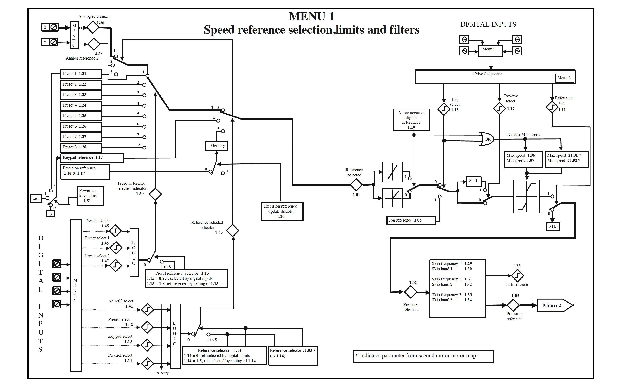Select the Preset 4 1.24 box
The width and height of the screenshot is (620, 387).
click(x=81, y=105)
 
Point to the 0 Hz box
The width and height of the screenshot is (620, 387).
click(x=553, y=226)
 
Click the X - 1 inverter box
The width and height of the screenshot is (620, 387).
click(x=473, y=182)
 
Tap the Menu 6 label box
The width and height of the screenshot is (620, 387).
click(x=564, y=78)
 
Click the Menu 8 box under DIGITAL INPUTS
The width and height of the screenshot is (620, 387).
click(x=490, y=51)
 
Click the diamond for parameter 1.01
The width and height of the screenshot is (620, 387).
click(x=356, y=185)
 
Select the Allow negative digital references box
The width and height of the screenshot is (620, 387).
click(x=411, y=120)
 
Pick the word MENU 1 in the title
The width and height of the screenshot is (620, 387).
click(x=311, y=17)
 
